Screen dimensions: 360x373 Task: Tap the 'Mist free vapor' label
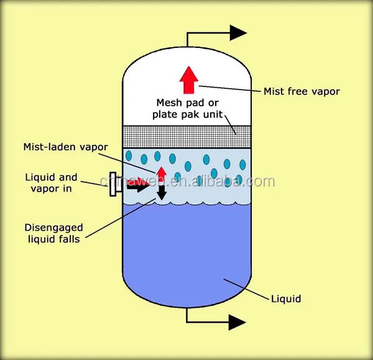pos(302,91)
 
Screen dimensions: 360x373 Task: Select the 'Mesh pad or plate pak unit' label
pos(188,108)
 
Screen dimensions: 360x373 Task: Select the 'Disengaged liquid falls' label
pos(53,233)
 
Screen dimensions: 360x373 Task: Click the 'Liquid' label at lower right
pos(285,299)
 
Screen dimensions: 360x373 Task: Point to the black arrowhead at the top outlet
pos(238,32)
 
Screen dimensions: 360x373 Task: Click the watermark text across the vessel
pos(199,182)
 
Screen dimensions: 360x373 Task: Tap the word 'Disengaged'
pos(54,227)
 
